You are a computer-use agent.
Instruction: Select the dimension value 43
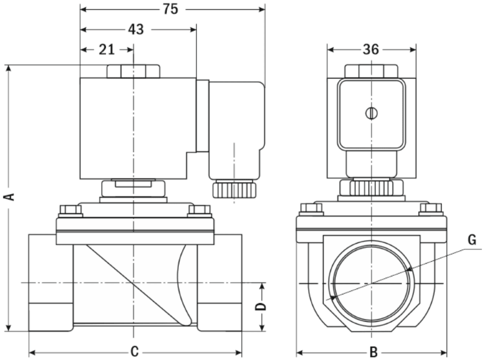click(136, 29)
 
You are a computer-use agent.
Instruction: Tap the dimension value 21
click(107, 49)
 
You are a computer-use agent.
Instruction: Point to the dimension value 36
click(370, 49)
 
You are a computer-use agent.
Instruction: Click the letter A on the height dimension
click(8, 196)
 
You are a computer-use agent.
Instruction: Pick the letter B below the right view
click(373, 352)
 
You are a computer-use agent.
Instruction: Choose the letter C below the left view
click(135, 352)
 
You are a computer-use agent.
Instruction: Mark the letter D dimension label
click(261, 307)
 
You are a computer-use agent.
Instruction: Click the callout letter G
click(472, 240)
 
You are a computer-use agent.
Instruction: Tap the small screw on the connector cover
click(371, 113)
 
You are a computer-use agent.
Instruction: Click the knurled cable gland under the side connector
click(233, 188)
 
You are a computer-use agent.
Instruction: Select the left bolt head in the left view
click(70, 210)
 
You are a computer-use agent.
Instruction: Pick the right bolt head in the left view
click(199, 210)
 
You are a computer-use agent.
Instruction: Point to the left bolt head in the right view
click(312, 209)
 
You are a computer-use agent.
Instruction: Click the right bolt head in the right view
click(431, 209)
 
